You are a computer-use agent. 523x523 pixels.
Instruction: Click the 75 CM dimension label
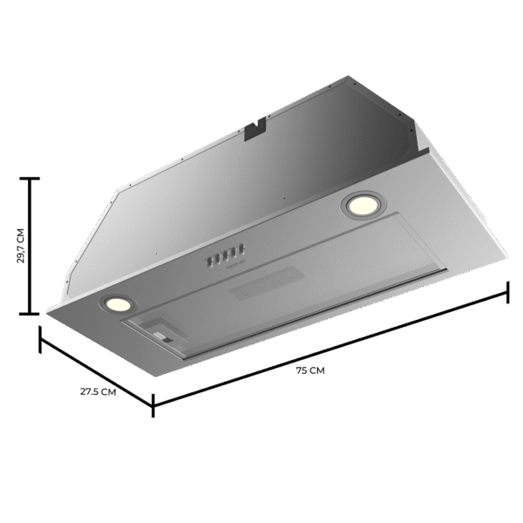pyautogui.click(x=310, y=370)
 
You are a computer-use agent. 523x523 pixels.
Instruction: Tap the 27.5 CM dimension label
pyautogui.click(x=98, y=391)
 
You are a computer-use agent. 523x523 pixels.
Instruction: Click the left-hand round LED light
pyautogui.click(x=115, y=303)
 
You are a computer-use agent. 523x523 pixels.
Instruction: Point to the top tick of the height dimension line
pyautogui.click(x=31, y=178)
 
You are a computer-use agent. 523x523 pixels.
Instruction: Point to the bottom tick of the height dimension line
pyautogui.click(x=31, y=314)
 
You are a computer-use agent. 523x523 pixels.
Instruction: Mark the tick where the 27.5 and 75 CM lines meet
pyautogui.click(x=153, y=403)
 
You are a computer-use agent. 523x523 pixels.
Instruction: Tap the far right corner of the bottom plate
pyautogui.click(x=505, y=260)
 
